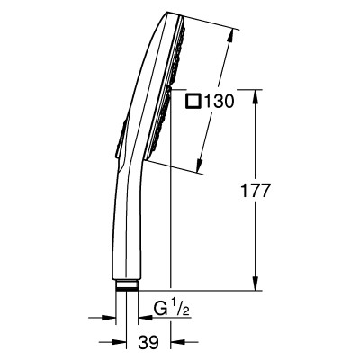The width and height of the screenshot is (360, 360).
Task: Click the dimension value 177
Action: pos(256,191)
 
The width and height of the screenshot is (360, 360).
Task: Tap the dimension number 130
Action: pos(219,101)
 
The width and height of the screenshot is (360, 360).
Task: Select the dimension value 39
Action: pos(148,342)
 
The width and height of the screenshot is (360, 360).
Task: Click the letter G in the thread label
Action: pos(160,310)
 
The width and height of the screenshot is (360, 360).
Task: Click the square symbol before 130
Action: pos(193,101)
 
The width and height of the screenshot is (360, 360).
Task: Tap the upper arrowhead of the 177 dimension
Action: pos(256,96)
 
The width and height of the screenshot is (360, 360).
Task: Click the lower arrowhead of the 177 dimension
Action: pos(256,283)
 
